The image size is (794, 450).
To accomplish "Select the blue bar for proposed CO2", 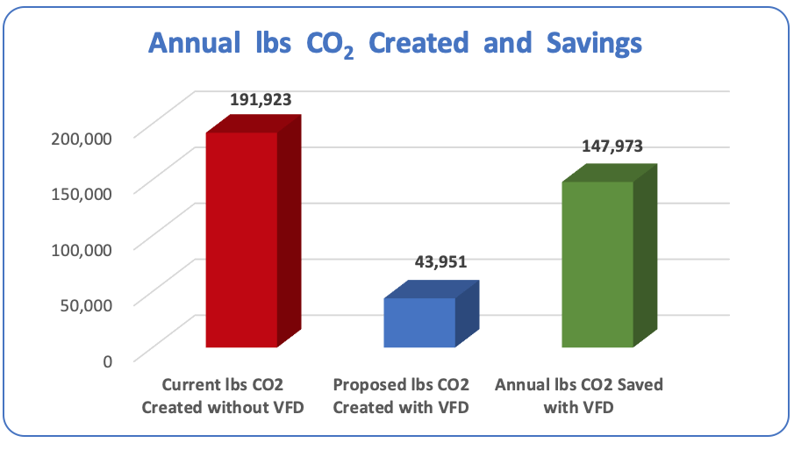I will tap(419, 322).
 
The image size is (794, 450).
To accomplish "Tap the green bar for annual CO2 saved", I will tap(597, 264).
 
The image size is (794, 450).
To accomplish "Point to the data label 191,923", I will tap(261, 100).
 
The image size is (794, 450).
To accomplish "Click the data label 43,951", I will tap(440, 261).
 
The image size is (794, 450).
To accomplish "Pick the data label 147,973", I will tap(612, 146).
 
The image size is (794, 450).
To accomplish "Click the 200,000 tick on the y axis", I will tap(87, 137).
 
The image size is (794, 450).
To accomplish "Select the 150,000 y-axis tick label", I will tap(87, 193).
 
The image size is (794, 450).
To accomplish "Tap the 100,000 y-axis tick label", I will tap(87, 248).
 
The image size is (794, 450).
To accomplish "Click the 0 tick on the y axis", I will tap(107, 360).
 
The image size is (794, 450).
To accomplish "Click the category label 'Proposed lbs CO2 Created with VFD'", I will tap(401, 396).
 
